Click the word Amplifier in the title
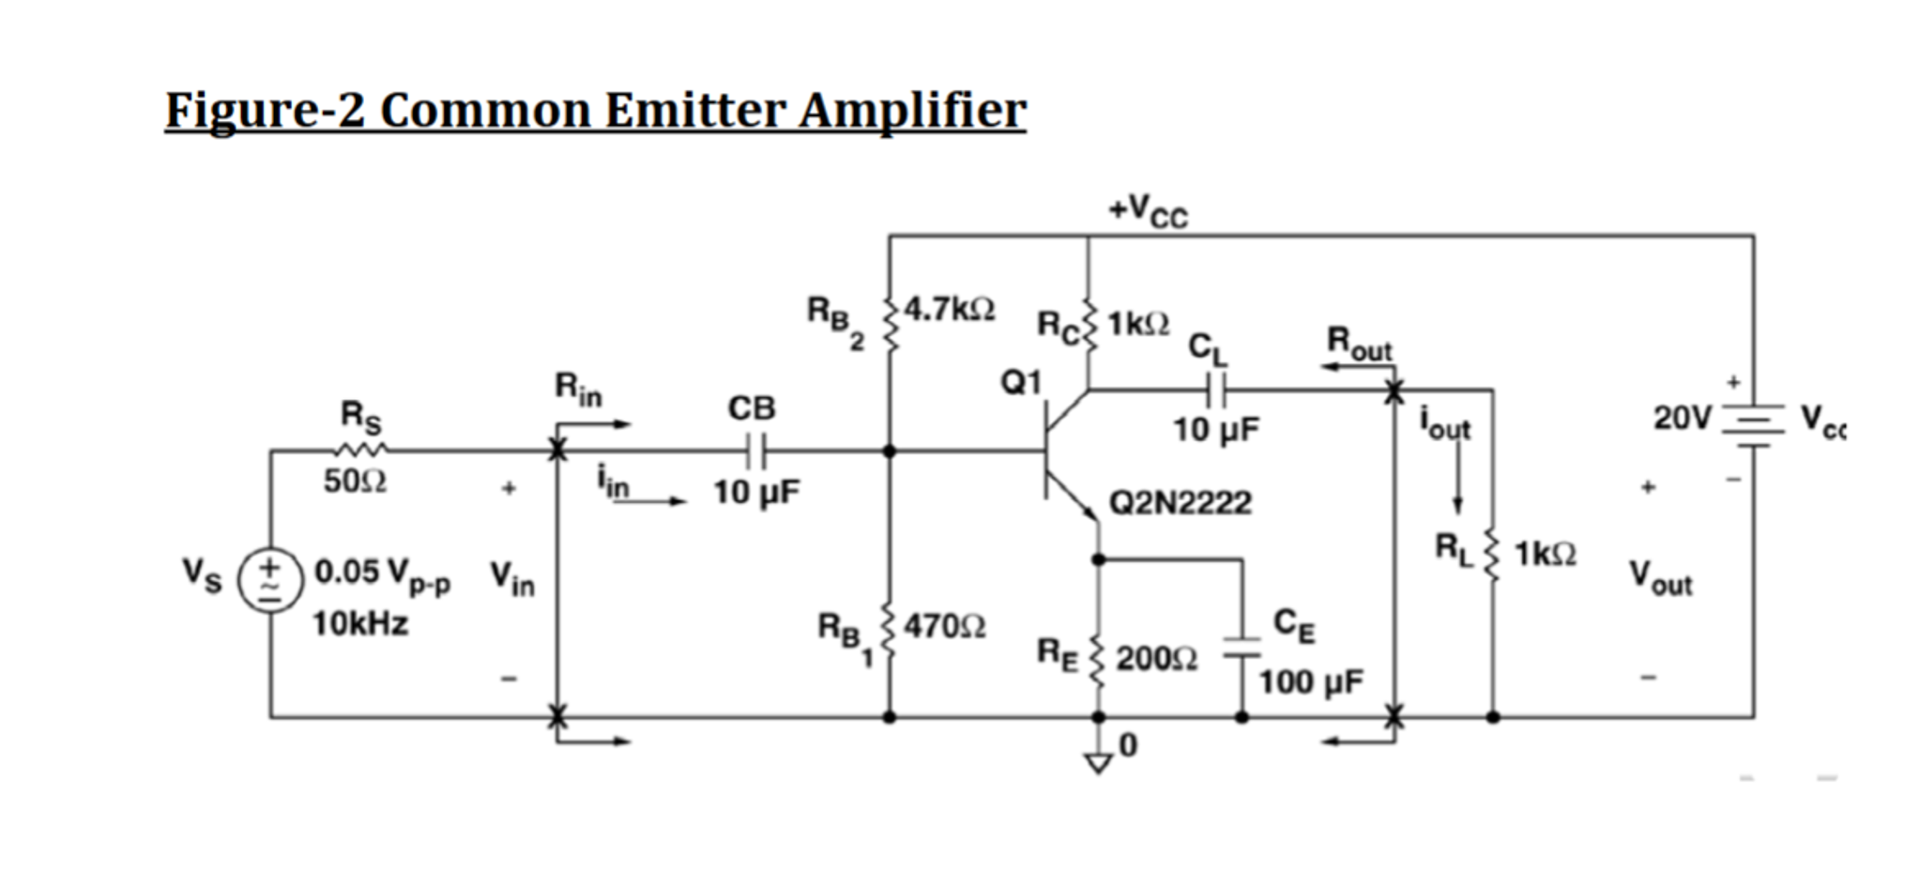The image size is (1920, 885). (x=912, y=111)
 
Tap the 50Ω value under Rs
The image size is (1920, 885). (x=355, y=481)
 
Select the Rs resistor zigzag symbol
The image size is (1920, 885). (x=361, y=450)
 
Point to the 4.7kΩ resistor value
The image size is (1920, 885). (x=950, y=309)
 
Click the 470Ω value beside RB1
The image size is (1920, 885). (x=944, y=626)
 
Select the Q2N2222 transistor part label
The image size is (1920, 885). (x=1180, y=503)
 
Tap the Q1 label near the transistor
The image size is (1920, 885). (x=1021, y=382)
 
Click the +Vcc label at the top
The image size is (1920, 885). (x=1147, y=210)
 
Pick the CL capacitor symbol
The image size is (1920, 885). (x=1215, y=389)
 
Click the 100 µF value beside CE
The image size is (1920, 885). (x=1310, y=682)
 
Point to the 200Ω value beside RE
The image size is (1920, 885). (x=1156, y=659)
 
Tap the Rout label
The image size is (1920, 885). (x=1358, y=343)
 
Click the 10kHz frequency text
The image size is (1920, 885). (x=359, y=623)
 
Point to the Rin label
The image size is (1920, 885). (x=577, y=389)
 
